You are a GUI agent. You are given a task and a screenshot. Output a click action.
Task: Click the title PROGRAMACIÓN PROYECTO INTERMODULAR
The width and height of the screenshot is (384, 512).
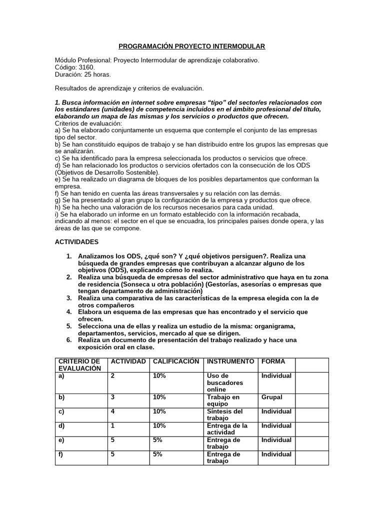191,46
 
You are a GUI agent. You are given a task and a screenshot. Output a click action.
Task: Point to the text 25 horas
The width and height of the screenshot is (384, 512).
97,74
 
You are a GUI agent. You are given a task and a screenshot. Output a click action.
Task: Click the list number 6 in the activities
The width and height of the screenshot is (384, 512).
69,340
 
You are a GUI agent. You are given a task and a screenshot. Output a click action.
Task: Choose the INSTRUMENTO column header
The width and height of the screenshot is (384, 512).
230,361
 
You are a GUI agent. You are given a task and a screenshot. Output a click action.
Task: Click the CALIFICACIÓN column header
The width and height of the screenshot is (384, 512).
176,361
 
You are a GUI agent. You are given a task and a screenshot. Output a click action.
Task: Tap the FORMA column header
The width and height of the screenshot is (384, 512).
273,361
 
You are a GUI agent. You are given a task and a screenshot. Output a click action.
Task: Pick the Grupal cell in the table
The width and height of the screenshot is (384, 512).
272,397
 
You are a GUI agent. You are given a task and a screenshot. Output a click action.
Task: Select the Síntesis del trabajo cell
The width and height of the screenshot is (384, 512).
224,414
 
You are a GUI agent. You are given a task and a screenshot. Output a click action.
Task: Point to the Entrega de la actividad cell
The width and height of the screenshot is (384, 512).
227,429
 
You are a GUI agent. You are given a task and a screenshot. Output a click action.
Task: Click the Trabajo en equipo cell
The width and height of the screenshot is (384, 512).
222,400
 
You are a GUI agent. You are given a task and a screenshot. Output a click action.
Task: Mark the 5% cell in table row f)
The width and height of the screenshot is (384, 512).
157,454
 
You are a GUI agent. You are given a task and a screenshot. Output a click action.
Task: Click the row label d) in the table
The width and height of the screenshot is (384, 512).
62,426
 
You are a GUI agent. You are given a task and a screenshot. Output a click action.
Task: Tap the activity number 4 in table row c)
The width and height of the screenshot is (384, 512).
113,411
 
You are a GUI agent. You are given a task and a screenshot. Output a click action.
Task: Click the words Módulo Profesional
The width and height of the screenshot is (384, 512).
82,60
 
